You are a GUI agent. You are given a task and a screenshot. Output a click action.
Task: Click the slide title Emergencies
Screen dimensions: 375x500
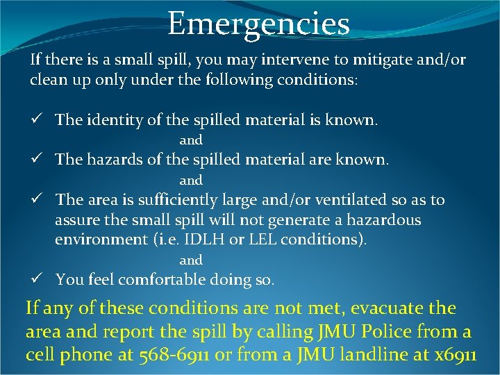tap(258, 24)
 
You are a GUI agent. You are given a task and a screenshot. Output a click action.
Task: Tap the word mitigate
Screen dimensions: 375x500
tap(362, 60)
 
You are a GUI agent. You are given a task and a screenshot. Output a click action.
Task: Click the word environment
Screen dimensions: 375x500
tap(98, 240)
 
